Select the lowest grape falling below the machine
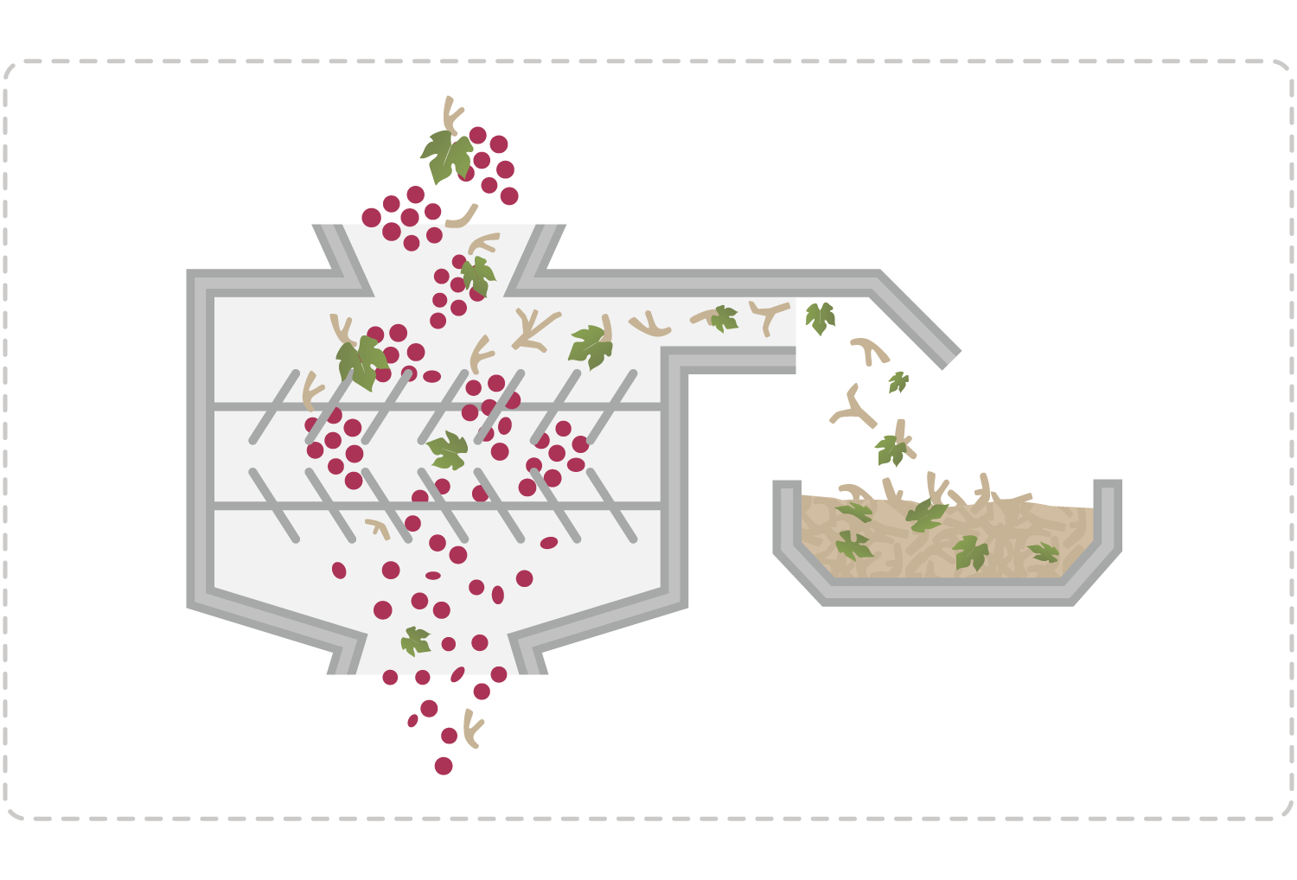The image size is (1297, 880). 444,766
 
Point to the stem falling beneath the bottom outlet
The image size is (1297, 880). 471,728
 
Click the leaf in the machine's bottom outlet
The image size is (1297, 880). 416,641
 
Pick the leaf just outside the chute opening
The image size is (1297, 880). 820,317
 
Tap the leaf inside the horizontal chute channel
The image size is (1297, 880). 724,319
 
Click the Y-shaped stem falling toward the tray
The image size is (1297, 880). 854,409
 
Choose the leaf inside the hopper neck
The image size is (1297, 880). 477,276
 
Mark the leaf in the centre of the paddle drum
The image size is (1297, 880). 448,450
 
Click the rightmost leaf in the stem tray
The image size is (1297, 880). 1045,552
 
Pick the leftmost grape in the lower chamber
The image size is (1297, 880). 339,570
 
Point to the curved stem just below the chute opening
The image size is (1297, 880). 869,349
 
